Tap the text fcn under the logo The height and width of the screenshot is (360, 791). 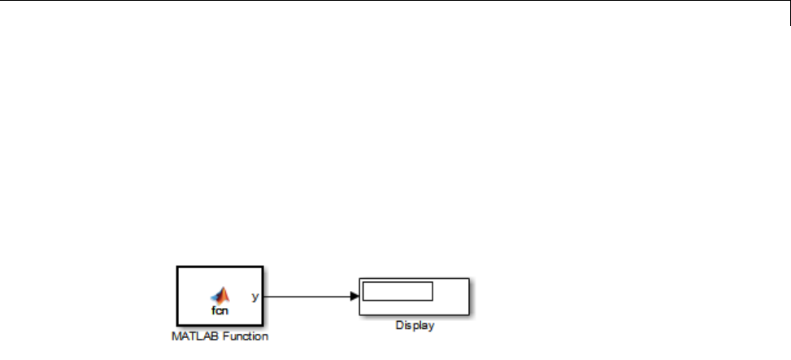[220, 310]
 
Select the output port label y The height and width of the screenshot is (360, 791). [255, 297]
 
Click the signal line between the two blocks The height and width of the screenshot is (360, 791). [309, 297]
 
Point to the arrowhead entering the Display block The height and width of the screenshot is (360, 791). [354, 297]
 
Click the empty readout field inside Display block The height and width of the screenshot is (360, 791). [398, 291]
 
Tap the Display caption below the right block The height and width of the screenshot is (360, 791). [415, 326]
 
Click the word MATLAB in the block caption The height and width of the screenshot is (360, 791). [191, 335]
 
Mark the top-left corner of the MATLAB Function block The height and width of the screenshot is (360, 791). [175, 267]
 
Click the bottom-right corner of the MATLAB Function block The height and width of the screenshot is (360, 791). [263, 325]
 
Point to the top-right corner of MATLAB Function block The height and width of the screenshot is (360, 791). [263, 267]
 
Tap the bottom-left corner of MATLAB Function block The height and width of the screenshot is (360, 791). [175, 325]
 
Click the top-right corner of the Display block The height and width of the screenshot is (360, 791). [470, 279]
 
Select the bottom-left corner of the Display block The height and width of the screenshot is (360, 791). [359, 314]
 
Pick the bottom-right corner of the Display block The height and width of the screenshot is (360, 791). [470, 314]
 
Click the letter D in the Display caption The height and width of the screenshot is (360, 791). [398, 326]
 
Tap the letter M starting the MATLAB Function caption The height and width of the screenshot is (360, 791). [175, 335]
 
